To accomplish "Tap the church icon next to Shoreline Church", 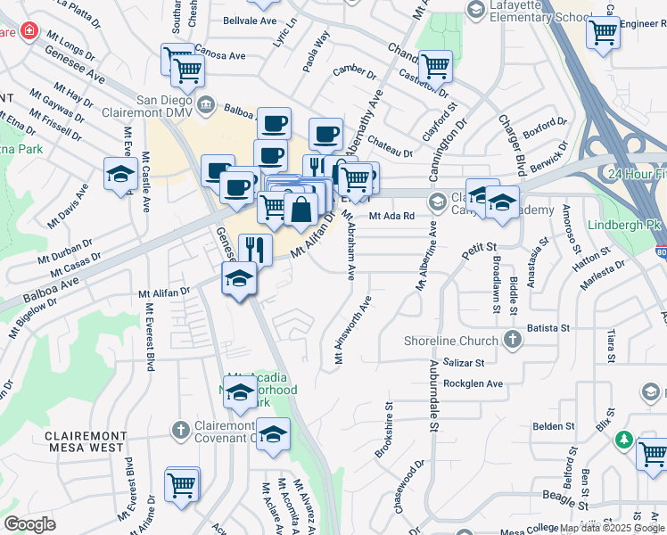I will coord(513,340).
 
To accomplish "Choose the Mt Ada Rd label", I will coord(392,216).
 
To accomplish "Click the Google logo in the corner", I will coord(29,524).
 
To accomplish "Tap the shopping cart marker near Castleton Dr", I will coord(434,65).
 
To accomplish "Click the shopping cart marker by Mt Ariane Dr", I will coord(181,485).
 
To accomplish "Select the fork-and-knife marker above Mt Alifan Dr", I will coord(255,250).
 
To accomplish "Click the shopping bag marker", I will coord(301,210).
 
